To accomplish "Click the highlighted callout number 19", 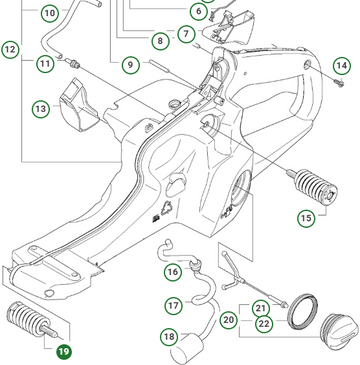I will pos(63,351).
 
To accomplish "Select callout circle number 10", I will pos(49,14).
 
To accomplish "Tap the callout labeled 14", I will pos(341,66).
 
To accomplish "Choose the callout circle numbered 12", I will pos(11,48).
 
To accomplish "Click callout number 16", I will pos(172,271).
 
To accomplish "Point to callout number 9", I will pos(130,65).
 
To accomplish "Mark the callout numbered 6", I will pos(198,12).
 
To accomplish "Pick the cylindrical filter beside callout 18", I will pos(189,349).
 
